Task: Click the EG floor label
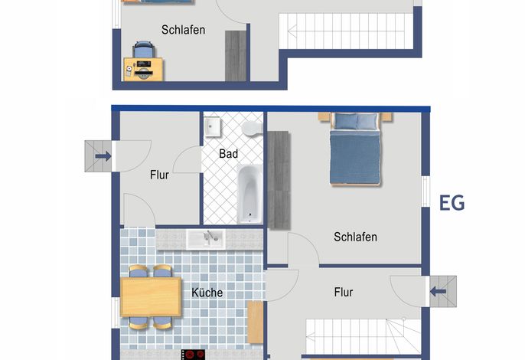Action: click(452, 202)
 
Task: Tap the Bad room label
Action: click(228, 153)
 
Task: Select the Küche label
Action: click(207, 293)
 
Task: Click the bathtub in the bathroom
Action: click(249, 194)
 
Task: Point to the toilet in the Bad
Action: click(252, 128)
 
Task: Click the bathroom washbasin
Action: click(212, 126)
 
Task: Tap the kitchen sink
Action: click(206, 239)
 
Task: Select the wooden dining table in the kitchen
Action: click(151, 297)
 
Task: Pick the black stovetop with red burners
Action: click(193, 355)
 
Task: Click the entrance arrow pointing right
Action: click(103, 155)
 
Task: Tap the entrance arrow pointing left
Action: click(438, 291)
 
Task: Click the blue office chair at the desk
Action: click(144, 50)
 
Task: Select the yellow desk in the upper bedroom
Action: click(143, 69)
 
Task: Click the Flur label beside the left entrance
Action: click(159, 175)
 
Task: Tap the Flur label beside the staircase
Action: click(344, 292)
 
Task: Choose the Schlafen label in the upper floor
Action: click(183, 30)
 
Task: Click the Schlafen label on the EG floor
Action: click(355, 237)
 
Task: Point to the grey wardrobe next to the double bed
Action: click(279, 180)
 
